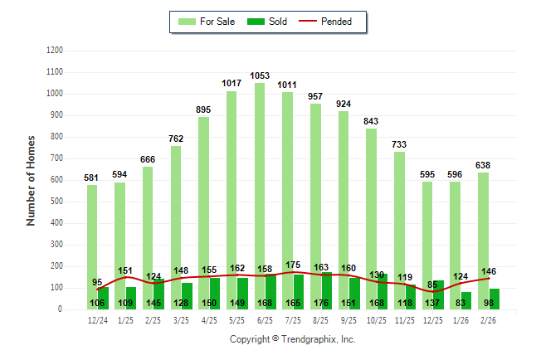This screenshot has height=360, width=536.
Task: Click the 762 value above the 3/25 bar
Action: click(x=176, y=139)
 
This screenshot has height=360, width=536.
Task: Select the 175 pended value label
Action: click(x=293, y=265)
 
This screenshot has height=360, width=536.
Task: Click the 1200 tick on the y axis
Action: click(x=55, y=51)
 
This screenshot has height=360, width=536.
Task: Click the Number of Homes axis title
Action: click(x=31, y=180)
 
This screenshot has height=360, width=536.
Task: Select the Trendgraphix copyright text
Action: click(x=292, y=339)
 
